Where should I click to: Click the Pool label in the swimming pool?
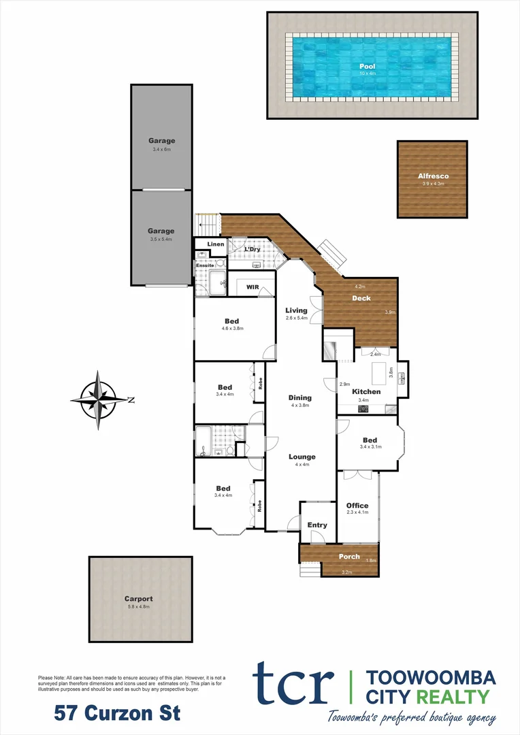click(367, 66)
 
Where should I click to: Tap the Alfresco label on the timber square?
click(433, 176)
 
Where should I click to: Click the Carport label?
click(140, 599)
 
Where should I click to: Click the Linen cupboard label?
click(216, 244)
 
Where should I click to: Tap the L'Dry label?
click(253, 249)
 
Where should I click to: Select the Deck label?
click(361, 298)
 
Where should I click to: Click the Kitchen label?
click(366, 391)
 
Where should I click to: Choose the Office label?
click(357, 505)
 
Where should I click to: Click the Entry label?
click(317, 525)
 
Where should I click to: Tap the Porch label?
click(349, 557)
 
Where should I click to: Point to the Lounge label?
click(302, 457)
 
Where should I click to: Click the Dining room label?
click(299, 397)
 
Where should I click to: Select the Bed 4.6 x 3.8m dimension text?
click(232, 328)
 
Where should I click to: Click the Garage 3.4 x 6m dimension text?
click(161, 148)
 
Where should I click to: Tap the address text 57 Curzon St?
click(117, 713)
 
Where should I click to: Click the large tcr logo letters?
click(293, 683)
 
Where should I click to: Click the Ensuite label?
click(206, 265)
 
